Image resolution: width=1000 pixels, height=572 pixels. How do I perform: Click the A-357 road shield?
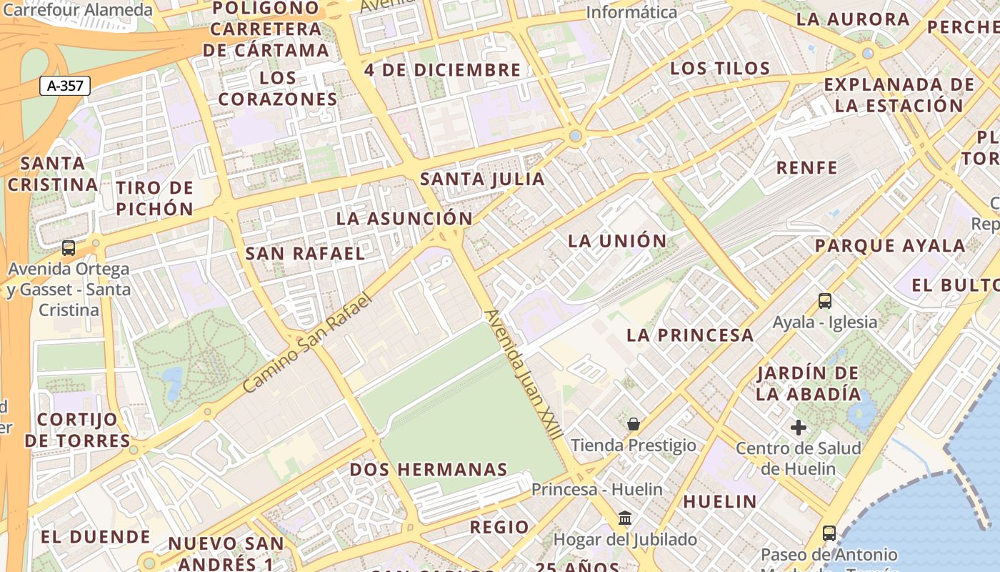[65, 87]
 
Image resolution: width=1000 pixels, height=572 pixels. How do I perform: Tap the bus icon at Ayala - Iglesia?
[825, 301]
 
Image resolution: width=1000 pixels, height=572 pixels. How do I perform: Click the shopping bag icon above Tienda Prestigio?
[633, 425]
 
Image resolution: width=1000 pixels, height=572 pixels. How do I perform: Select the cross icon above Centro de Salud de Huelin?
[799, 428]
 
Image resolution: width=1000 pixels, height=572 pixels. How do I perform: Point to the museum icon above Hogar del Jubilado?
[625, 518]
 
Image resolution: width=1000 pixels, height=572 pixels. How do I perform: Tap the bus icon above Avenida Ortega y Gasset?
[69, 248]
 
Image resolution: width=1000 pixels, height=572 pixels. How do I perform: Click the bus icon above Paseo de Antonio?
[829, 533]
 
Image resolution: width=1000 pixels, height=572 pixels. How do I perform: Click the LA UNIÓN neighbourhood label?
[617, 241]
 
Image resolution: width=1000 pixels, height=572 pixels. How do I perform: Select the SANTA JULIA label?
[482, 179]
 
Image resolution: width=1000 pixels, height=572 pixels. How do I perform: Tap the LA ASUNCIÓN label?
[404, 219]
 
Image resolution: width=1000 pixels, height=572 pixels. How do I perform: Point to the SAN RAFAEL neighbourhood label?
[305, 253]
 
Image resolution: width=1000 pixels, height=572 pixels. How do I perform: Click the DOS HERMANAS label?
[429, 470]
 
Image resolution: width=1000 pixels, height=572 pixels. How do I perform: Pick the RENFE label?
[806, 168]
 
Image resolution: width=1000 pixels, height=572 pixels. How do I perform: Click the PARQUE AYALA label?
[890, 246]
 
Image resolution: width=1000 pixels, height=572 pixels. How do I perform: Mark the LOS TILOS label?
[720, 69]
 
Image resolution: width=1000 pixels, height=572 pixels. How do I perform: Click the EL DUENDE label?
[96, 537]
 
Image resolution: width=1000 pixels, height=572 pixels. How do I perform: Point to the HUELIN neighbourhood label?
[719, 501]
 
